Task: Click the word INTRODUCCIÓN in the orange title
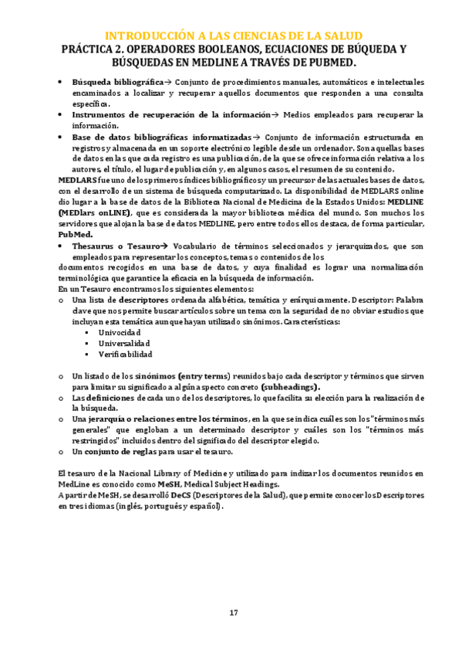coord(147,36)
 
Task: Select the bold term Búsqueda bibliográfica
coord(117,81)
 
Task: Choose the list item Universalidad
coord(123,343)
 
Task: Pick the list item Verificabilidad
coord(125,354)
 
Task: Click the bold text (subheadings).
coord(291,385)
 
